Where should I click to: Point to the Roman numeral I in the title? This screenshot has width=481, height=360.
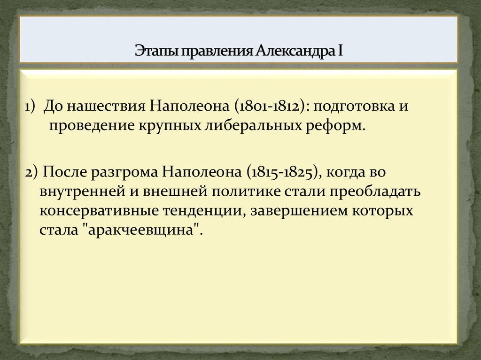[339, 50]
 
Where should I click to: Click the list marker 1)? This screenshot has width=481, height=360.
[31, 106]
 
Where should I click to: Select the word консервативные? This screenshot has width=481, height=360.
[100, 211]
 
